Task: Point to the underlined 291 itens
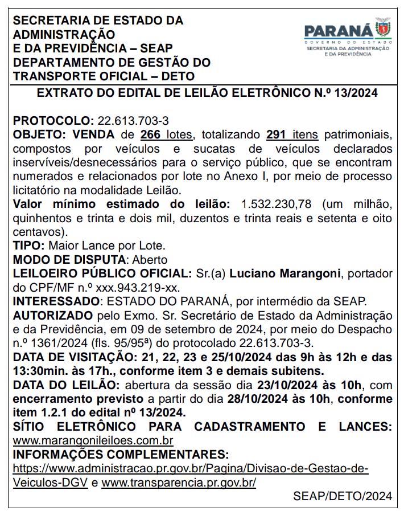tap(292, 135)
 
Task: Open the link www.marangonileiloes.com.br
tap(93, 440)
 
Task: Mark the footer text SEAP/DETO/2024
tap(343, 496)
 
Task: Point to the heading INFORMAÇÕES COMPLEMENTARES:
tap(121, 455)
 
